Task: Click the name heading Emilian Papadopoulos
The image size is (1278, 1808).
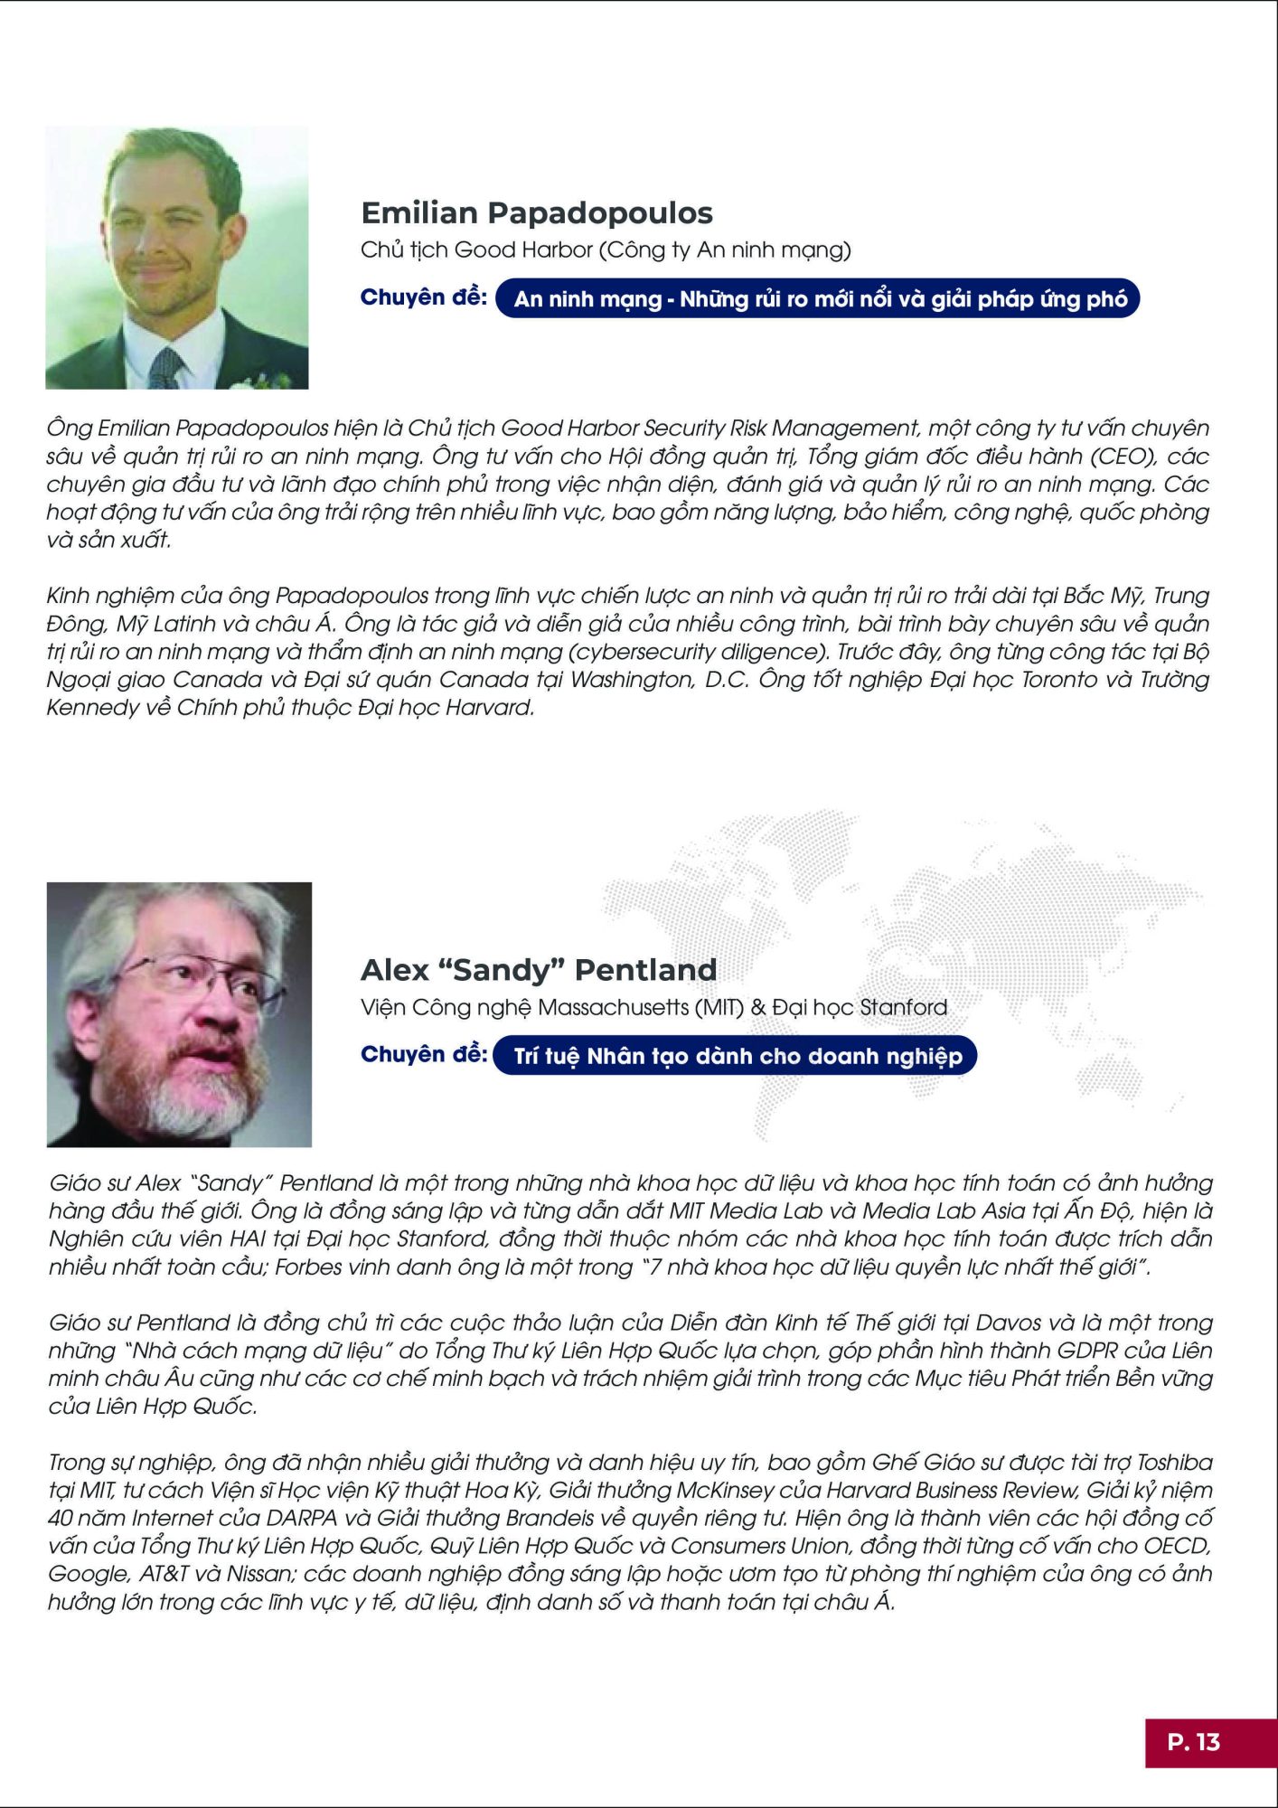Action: pyautogui.click(x=537, y=213)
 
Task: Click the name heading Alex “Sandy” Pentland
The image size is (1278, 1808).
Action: pyautogui.click(x=539, y=970)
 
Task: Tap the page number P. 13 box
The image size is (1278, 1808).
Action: pyautogui.click(x=1194, y=1742)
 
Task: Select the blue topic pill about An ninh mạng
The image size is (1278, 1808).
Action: pyautogui.click(x=819, y=299)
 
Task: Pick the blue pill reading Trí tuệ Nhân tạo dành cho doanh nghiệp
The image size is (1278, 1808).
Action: pyautogui.click(x=737, y=1056)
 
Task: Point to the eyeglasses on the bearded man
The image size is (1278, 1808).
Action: pyautogui.click(x=203, y=977)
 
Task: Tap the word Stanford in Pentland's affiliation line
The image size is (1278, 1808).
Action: pyautogui.click(x=903, y=1007)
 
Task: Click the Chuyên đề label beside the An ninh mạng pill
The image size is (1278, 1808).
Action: pyautogui.click(x=423, y=297)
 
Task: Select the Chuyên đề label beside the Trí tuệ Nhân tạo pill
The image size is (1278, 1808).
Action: pyautogui.click(x=423, y=1054)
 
